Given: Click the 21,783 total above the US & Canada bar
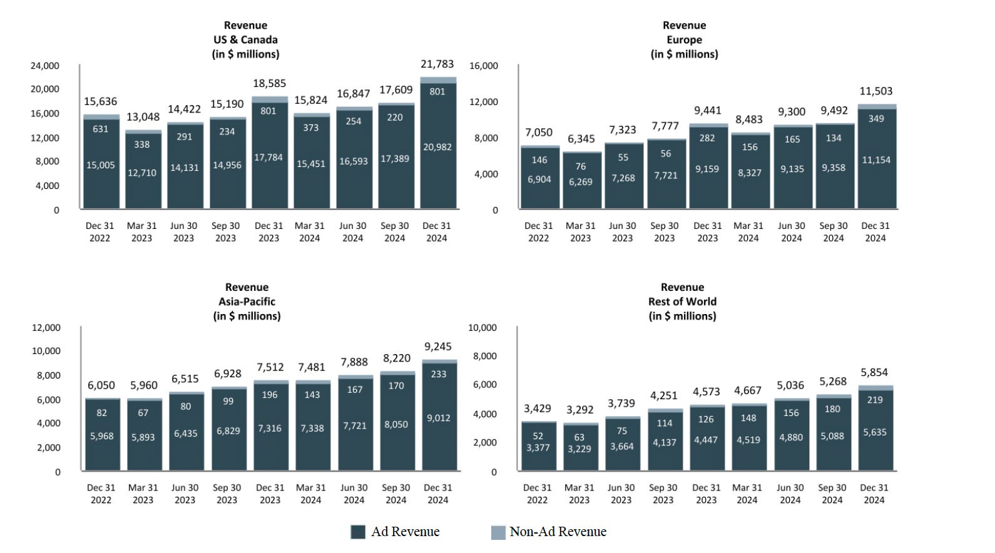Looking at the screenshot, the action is tap(437, 64).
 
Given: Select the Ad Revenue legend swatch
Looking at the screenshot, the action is tap(358, 532).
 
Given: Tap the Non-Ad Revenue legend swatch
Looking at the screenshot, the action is tap(498, 532).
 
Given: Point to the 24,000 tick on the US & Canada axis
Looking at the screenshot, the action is tap(44, 66).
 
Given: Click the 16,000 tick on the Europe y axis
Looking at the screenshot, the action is tap(484, 66).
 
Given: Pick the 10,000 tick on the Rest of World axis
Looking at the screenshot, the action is tap(482, 328).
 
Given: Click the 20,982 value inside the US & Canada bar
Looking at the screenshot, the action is tap(437, 147).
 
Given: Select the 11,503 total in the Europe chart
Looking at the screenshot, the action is tap(876, 91).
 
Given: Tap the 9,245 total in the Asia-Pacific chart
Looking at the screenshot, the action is tap(438, 347).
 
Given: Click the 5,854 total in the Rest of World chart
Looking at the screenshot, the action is tap(874, 372).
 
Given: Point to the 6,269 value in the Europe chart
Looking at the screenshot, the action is tap(581, 181).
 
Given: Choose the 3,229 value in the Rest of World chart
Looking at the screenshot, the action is tap(579, 449).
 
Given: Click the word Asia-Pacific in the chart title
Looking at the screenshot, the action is tap(247, 302).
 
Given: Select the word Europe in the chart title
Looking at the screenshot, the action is tap(684, 40).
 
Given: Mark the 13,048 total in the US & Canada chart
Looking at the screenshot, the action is tap(143, 117).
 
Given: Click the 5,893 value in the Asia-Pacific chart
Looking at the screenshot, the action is tap(143, 437).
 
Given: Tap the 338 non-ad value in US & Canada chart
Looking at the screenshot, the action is tap(141, 145).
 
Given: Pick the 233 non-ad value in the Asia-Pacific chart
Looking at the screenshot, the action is tap(439, 374).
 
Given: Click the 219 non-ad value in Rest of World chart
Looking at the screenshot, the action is tap(875, 400).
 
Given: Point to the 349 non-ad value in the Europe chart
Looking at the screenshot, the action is tap(876, 119).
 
